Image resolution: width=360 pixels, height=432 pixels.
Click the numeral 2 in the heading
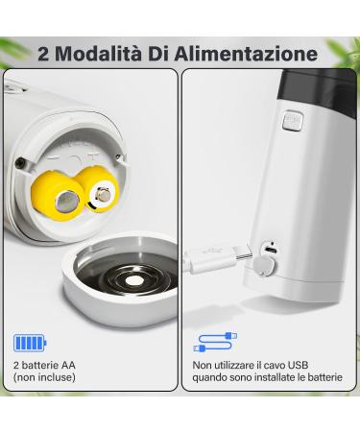point(43,53)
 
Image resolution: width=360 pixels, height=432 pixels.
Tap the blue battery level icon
point(30,344)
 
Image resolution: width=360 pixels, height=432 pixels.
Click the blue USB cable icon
point(216,343)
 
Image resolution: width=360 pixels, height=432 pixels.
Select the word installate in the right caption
point(278,378)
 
